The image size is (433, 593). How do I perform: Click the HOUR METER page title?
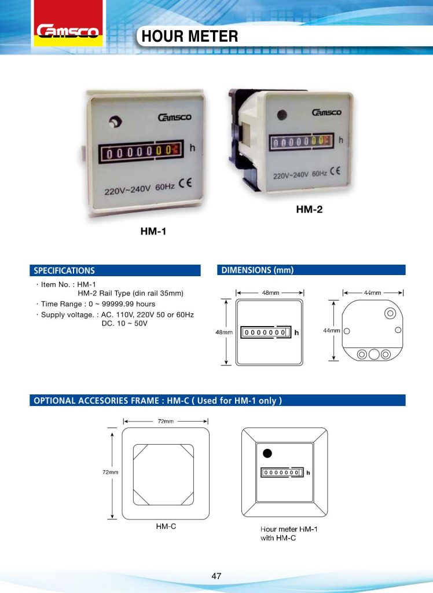coord(190,37)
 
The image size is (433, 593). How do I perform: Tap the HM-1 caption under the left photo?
coord(153,232)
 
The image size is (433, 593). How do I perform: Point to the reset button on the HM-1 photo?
coord(114,122)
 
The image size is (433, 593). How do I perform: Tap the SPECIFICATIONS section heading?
coord(64,270)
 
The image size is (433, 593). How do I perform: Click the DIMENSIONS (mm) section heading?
coord(258,270)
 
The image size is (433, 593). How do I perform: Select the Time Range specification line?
coord(96,304)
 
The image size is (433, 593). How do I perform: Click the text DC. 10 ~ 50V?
coord(124,323)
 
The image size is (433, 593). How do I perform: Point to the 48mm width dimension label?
coord(270,293)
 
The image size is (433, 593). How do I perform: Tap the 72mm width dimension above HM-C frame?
coord(166,420)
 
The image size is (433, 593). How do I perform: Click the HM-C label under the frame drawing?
coord(166,528)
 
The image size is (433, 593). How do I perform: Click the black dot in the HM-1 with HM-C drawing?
coord(266,453)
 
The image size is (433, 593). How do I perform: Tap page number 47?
coord(216,576)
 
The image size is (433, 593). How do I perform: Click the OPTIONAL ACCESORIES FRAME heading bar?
coord(217,401)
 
